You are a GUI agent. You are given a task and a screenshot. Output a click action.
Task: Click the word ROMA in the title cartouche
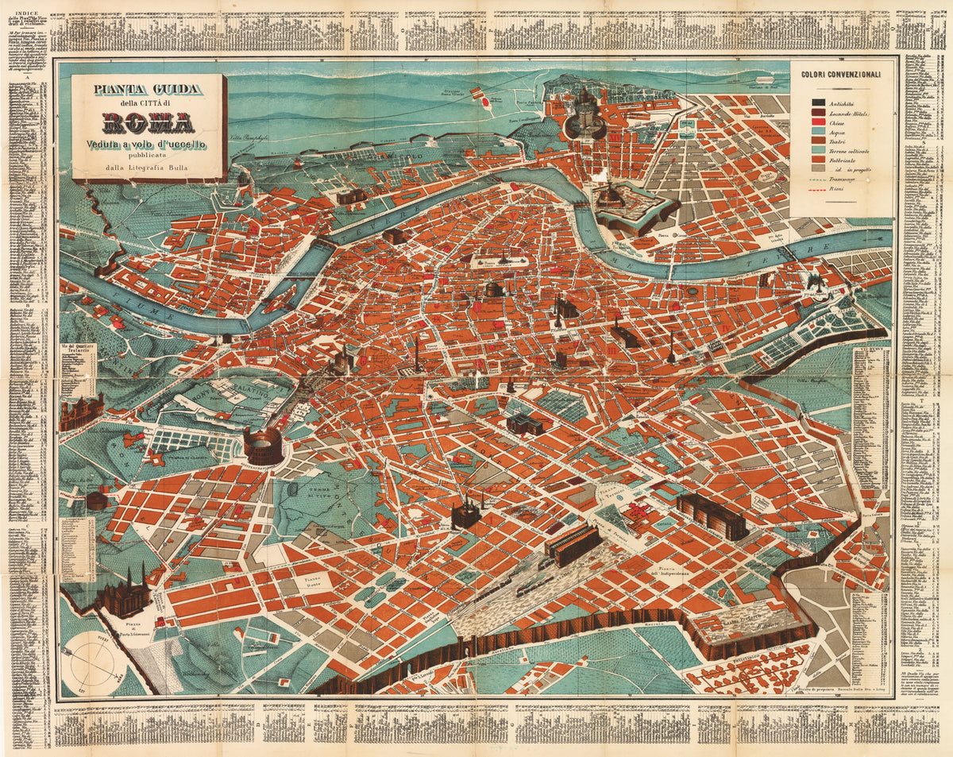pyautogui.click(x=148, y=123)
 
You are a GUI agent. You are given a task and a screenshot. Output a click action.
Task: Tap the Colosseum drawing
pyautogui.click(x=263, y=446)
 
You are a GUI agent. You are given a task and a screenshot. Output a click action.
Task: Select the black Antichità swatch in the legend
pyautogui.click(x=817, y=102)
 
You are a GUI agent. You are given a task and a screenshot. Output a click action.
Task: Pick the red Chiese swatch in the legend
pyautogui.click(x=817, y=126)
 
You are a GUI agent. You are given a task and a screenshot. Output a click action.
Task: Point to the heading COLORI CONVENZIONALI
pyautogui.click(x=840, y=75)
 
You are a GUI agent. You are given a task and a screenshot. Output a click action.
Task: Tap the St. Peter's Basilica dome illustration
pyautogui.click(x=585, y=111)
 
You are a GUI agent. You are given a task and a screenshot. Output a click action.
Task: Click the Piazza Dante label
pyautogui.click(x=318, y=582)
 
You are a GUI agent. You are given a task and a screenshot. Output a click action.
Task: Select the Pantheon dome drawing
pyautogui.click(x=493, y=289)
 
